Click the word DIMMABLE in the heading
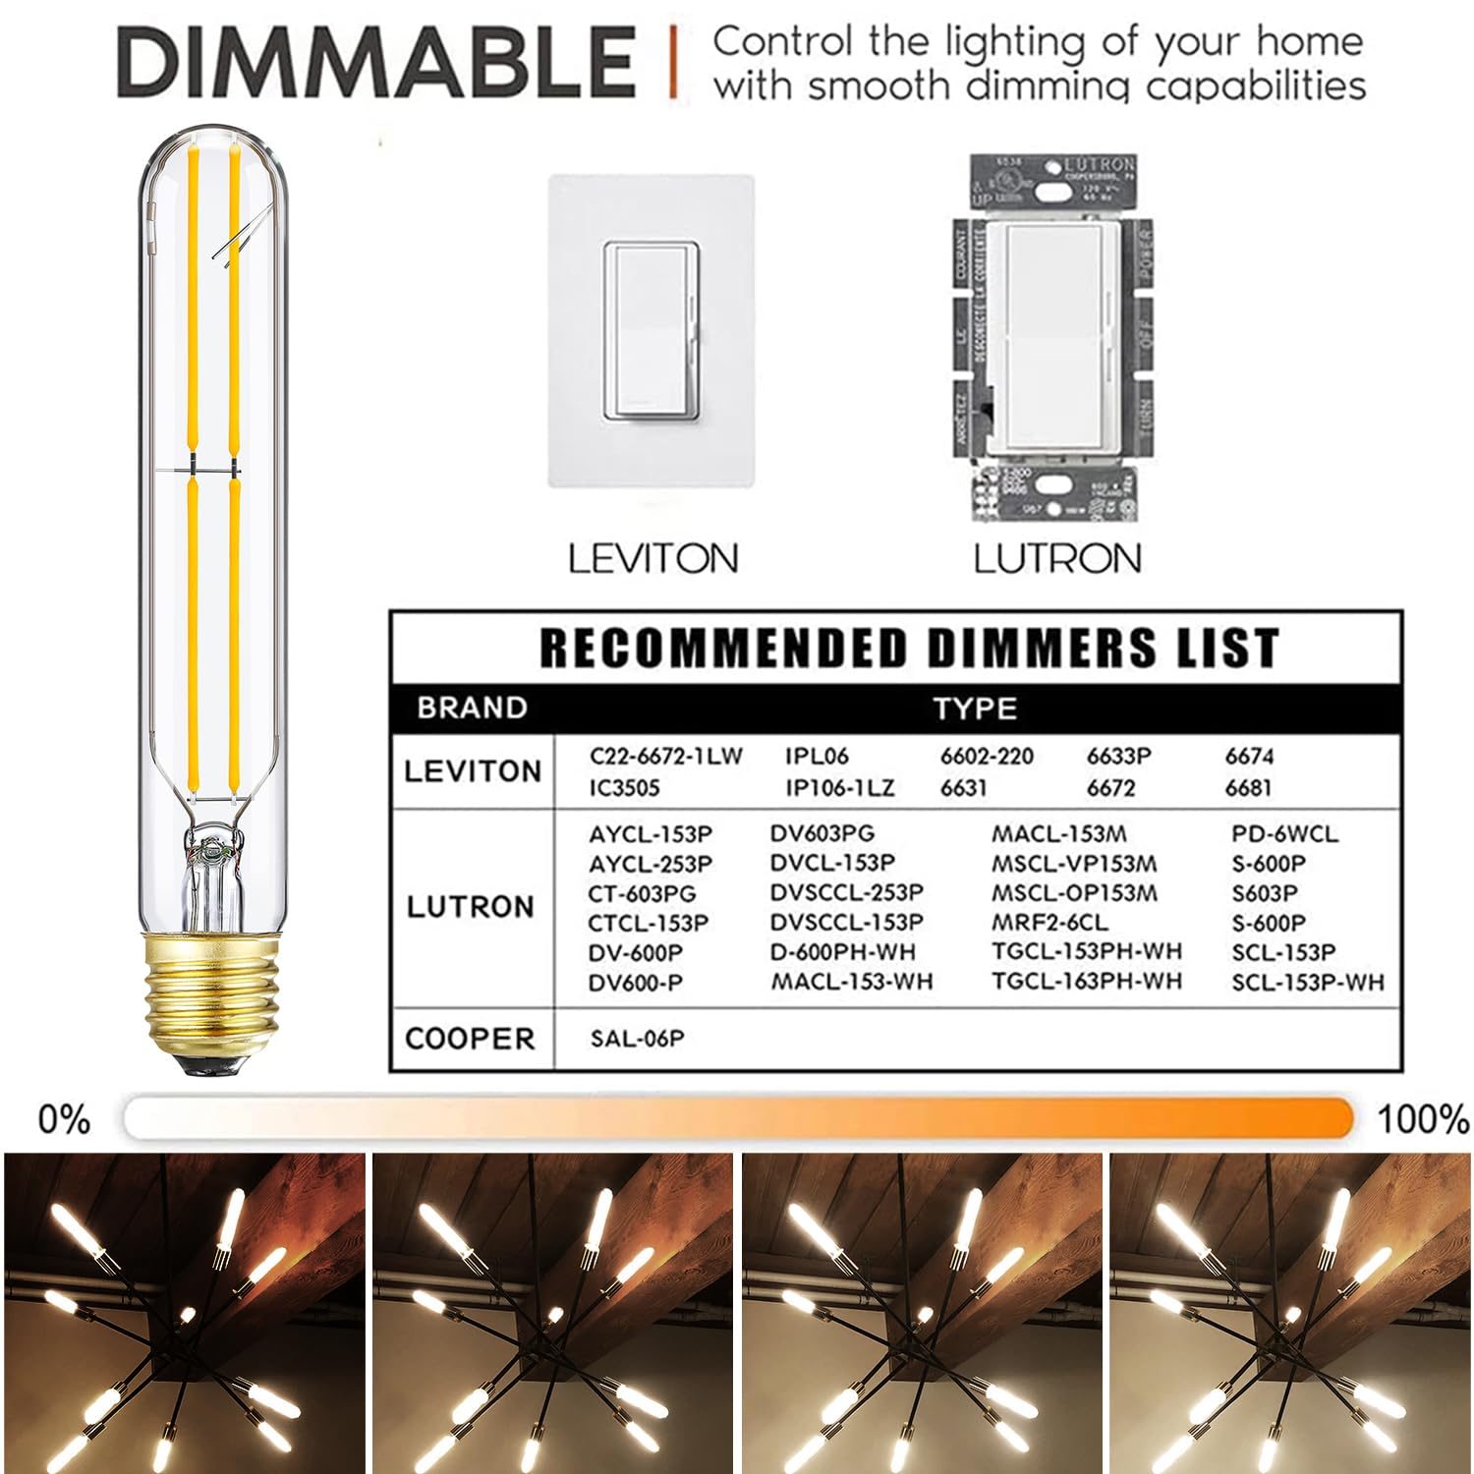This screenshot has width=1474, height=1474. coord(376,63)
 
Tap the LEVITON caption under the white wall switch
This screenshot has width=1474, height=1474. coord(652,559)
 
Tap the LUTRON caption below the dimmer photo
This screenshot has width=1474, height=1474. coord(1057,559)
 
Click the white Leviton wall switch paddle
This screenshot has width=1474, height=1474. coord(652,331)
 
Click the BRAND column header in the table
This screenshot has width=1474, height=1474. coord(472,708)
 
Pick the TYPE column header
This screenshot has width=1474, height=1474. coord(975,709)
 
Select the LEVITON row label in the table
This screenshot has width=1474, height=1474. coord(473,771)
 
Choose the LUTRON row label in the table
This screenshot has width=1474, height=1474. coord(471,906)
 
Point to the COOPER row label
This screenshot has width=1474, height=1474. coord(470,1039)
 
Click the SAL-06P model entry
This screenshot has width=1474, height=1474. coord(637,1039)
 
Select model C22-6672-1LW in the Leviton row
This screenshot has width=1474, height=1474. coord(665,756)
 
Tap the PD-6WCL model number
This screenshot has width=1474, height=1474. coord(1284,834)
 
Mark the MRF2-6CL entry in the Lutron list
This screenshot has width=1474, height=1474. coord(1049,923)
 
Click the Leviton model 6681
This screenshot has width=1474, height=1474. coord(1248,788)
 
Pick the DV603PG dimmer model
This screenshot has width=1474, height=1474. coord(822,834)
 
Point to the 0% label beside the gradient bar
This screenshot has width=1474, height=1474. coord(64,1119)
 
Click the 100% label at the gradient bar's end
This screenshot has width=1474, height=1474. coord(1422,1119)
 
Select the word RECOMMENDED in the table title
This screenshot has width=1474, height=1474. coord(723,649)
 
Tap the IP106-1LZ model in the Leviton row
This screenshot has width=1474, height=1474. coord(839,788)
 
